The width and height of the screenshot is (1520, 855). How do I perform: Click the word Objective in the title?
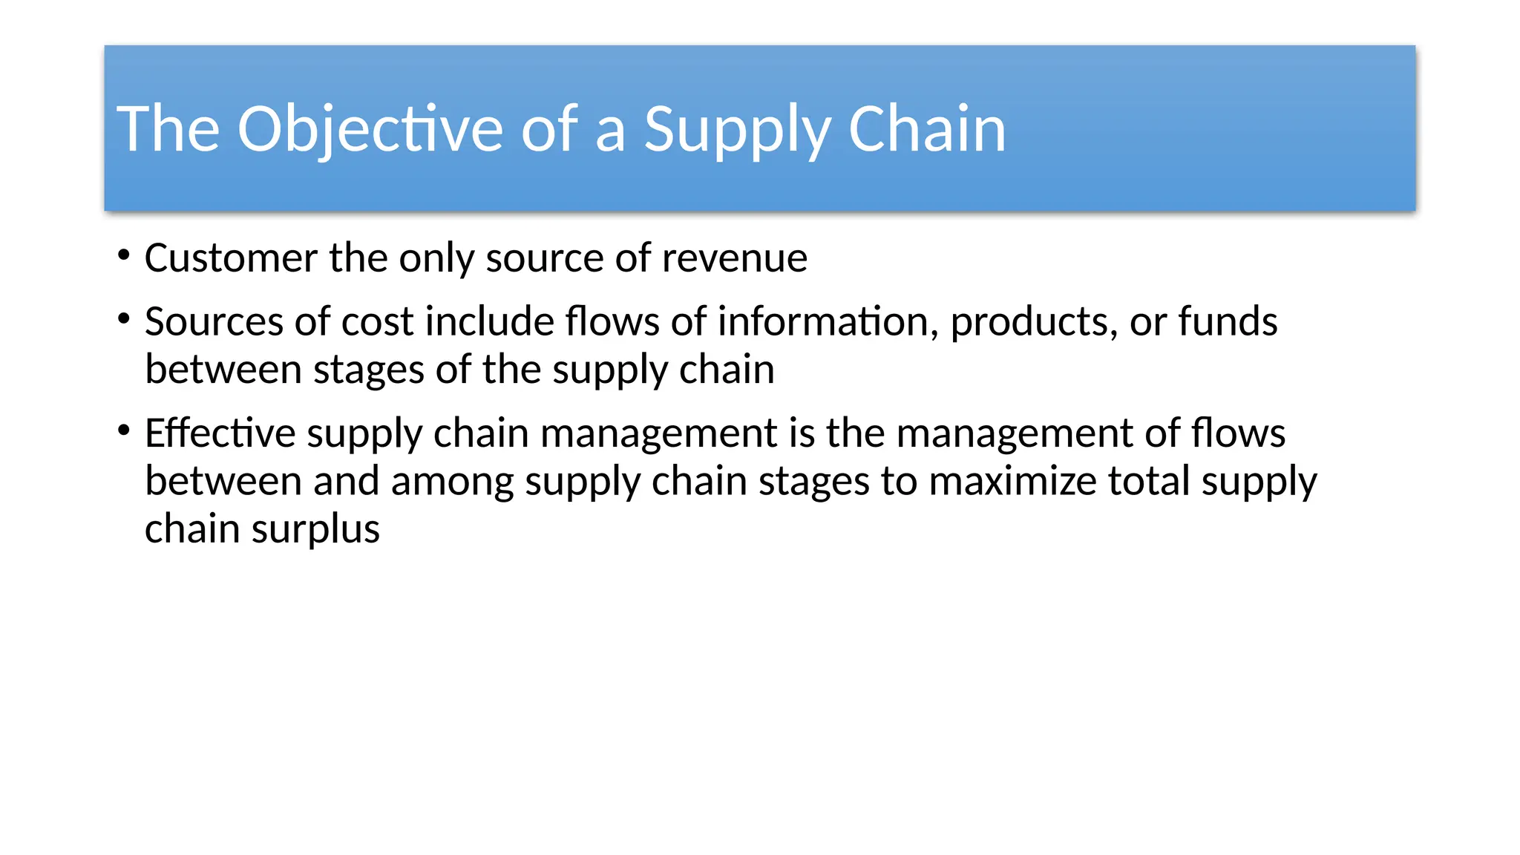click(370, 129)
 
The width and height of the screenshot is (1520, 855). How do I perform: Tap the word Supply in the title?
click(736, 129)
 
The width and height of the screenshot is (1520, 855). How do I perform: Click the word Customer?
click(232, 258)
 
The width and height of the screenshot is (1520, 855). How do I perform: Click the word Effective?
click(220, 433)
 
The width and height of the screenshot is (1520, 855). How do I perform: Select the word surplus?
click(315, 530)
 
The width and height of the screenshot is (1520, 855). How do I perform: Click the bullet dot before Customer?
click(124, 257)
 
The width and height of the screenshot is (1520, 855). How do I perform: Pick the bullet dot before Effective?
click(124, 431)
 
